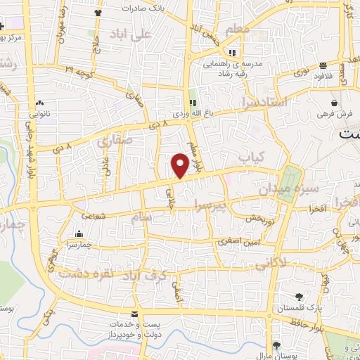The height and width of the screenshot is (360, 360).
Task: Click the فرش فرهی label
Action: [x=330, y=113]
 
